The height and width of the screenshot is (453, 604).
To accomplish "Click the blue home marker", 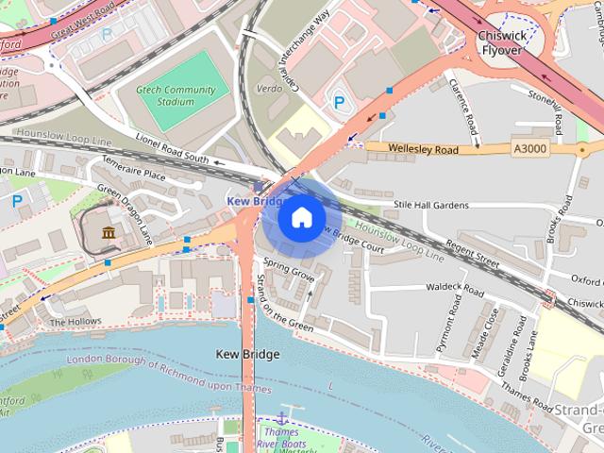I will [301, 218].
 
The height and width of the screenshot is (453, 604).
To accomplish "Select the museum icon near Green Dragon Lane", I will [108, 232].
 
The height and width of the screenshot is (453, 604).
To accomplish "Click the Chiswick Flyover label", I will [501, 44].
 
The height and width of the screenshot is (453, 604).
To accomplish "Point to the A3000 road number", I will [530, 148].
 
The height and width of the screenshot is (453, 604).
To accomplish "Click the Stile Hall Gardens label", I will [430, 205].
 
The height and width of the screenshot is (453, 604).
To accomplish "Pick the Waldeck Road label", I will [455, 285].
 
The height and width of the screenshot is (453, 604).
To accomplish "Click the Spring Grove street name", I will [288, 271].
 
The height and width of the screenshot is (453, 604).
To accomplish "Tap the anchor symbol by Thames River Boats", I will [280, 417].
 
